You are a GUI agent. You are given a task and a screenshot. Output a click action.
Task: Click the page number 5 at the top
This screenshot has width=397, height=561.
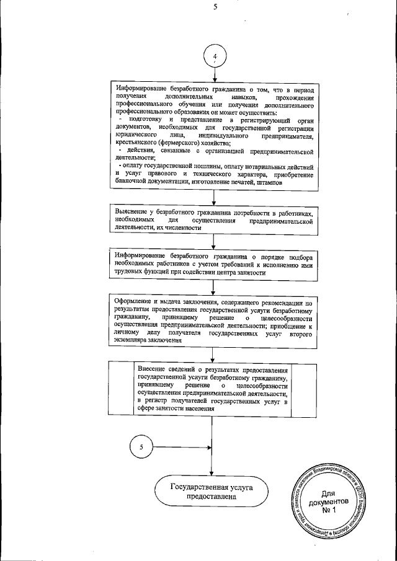214,8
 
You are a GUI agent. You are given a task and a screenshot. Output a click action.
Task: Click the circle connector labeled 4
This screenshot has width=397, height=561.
214,58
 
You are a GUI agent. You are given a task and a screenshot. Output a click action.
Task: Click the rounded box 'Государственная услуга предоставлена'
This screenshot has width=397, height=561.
212,492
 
